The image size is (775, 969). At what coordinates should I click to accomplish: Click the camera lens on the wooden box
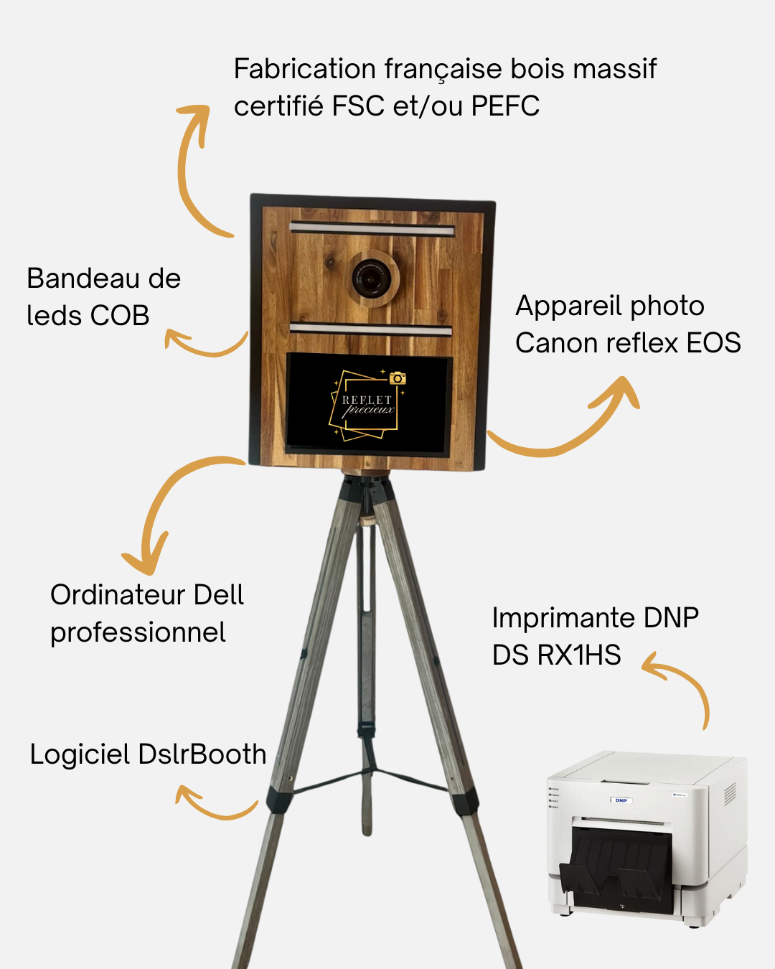point(371,278)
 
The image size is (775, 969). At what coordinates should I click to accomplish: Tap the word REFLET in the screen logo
point(367,400)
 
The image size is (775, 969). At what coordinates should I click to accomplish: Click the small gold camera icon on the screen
point(398,378)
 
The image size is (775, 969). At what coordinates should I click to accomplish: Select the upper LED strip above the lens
point(372,230)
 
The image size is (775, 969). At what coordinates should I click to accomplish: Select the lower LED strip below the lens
point(370,329)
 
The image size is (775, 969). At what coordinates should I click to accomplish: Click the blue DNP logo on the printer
point(621,800)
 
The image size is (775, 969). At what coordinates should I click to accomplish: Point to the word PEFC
point(505,106)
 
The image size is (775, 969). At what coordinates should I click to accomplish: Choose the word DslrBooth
point(202,754)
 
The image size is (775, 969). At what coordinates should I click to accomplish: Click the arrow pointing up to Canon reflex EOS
point(574,423)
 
